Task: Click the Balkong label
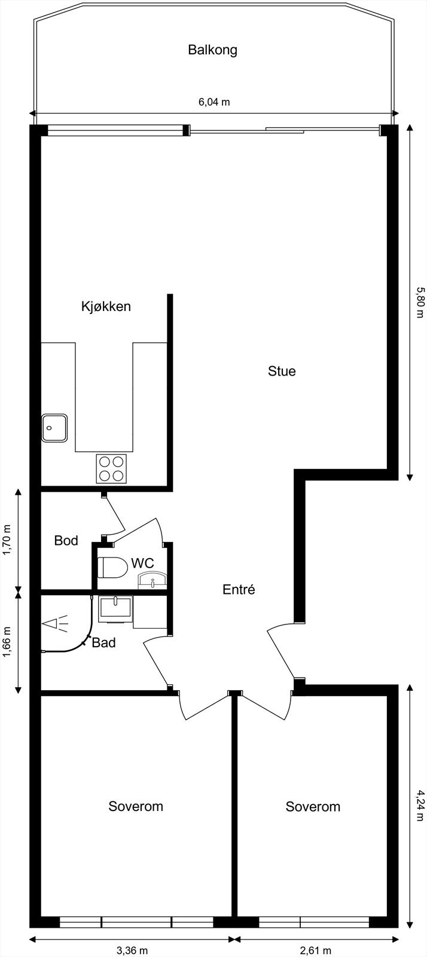pyautogui.click(x=212, y=50)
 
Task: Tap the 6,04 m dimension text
pyautogui.click(x=213, y=102)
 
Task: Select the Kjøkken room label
pyautogui.click(x=106, y=307)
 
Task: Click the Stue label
pyautogui.click(x=282, y=371)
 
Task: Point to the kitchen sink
pyautogui.click(x=54, y=428)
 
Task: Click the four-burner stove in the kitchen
pyautogui.click(x=112, y=468)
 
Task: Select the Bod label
pyautogui.click(x=66, y=541)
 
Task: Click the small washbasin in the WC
pyautogui.click(x=153, y=580)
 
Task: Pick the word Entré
pyautogui.click(x=239, y=589)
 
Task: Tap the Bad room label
pyautogui.click(x=103, y=644)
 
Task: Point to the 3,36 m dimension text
pyautogui.click(x=132, y=950)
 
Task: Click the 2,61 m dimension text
pyautogui.click(x=315, y=950)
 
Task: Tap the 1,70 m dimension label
pyautogui.click(x=8, y=540)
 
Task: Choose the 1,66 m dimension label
pyautogui.click(x=8, y=642)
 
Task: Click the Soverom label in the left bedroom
pyautogui.click(x=136, y=806)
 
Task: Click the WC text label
pyautogui.click(x=142, y=563)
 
